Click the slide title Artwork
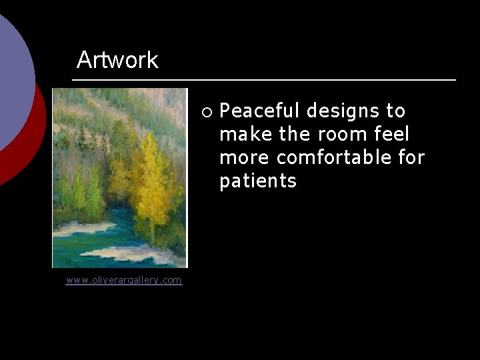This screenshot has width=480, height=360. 117,60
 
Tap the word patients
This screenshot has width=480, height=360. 258,181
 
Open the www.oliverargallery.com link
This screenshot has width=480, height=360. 123,280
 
